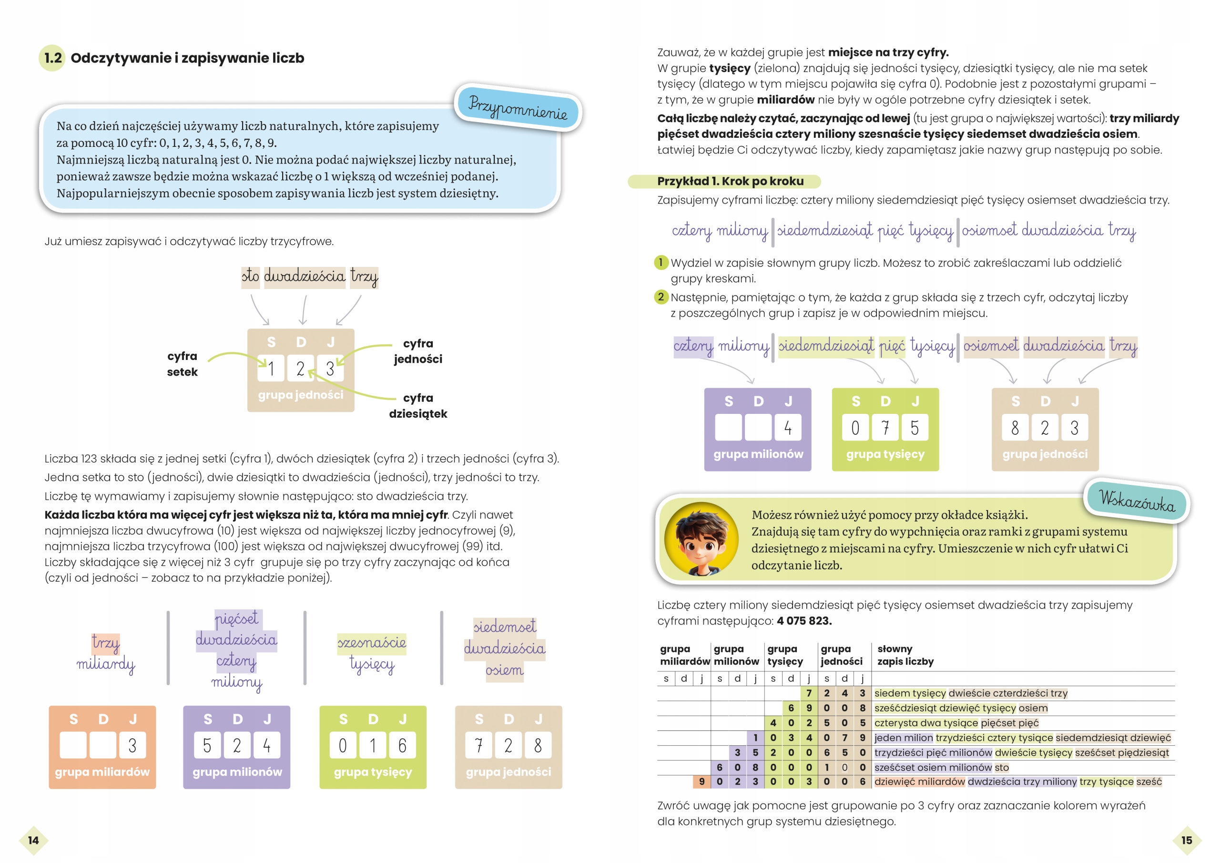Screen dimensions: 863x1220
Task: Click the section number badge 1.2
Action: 52,58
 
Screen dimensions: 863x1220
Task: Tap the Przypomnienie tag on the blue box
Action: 518,107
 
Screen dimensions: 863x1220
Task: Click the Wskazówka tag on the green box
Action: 1137,501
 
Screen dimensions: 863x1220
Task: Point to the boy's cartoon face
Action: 701,539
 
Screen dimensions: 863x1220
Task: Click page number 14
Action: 33,840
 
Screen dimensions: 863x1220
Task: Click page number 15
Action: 1187,840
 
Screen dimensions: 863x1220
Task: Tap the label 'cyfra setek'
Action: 182,364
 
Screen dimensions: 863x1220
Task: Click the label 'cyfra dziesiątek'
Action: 417,406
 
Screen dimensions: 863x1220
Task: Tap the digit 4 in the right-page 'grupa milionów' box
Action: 787,428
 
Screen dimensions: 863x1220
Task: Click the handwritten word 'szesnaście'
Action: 371,642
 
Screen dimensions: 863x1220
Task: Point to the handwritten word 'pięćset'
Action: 236,619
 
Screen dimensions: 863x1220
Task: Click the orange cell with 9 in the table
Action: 701,781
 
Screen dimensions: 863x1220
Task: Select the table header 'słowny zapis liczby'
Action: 905,655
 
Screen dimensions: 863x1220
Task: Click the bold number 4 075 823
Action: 804,620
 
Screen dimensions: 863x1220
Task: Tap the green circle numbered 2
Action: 661,297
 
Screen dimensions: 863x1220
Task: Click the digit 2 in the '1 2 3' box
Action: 300,369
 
